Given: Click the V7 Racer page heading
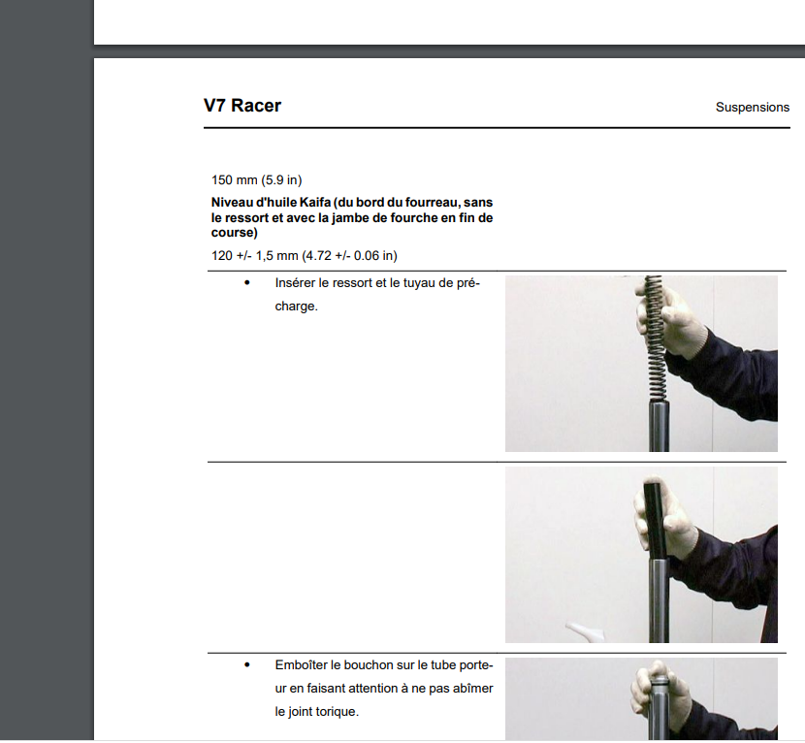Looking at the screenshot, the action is [242, 106].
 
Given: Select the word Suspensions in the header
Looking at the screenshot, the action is [752, 108].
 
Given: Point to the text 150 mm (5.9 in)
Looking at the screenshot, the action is [257, 180].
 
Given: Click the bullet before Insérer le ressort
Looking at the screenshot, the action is [247, 282].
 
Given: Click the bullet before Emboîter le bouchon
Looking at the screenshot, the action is [247, 664].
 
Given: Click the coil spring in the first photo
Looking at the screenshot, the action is [655, 339].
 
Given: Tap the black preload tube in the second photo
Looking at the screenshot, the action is [655, 520].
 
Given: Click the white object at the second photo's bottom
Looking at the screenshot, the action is [585, 632].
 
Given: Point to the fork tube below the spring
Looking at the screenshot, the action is [659, 426].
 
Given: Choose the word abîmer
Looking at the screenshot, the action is [473, 689].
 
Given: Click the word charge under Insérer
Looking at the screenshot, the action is [295, 307].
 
